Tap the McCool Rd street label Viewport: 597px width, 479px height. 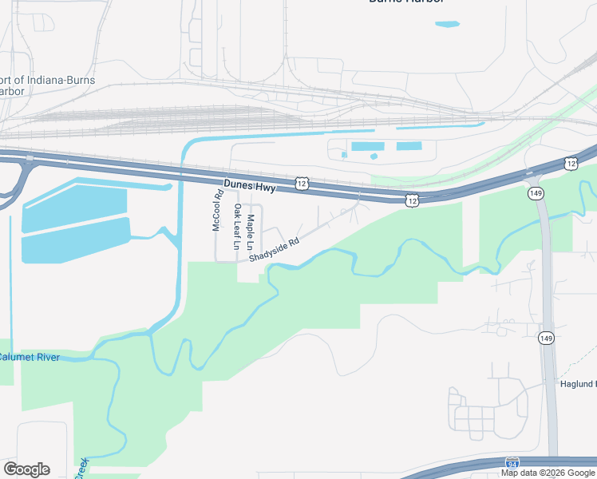point(216,211)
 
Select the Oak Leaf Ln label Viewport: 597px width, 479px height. point(237,228)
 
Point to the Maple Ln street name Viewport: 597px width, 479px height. point(251,229)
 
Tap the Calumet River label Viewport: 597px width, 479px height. point(29,357)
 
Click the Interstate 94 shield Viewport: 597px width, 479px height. point(512,463)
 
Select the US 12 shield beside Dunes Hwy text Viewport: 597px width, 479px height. point(301,184)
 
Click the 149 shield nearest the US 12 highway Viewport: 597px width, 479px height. point(535,193)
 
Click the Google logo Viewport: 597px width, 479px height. point(26,469)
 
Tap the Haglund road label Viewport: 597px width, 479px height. point(577,383)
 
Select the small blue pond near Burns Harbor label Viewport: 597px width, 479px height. point(447,24)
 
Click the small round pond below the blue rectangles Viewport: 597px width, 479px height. point(374,156)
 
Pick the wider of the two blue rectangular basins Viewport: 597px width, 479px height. point(368,147)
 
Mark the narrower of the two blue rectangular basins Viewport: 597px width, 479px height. point(409,146)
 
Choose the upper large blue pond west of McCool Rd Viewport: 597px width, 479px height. point(73,205)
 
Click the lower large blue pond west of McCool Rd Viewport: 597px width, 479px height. point(75,240)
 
